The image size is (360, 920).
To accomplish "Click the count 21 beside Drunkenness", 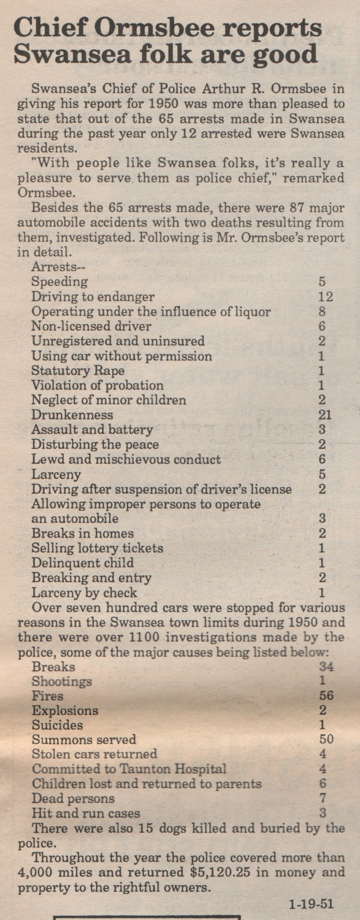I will click(x=325, y=415).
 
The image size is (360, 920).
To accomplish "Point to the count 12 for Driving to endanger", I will click(x=325, y=297).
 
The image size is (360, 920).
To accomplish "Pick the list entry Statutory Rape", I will click(x=78, y=371).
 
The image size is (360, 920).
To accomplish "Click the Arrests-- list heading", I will click(x=59, y=267).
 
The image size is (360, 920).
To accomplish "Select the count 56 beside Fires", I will click(x=326, y=696).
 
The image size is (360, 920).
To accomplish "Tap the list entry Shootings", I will click(x=62, y=681).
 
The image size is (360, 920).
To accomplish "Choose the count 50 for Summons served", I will click(x=326, y=740).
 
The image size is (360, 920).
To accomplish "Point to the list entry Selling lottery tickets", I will click(x=97, y=548).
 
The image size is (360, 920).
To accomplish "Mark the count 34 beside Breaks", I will click(x=326, y=666).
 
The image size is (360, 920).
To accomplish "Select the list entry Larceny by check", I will click(x=84, y=593).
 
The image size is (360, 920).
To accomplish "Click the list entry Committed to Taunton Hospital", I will click(x=129, y=769).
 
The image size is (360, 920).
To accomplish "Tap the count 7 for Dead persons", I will click(x=322, y=799).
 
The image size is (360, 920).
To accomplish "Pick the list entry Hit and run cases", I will click(x=86, y=813).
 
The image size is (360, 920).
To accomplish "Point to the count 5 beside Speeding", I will click(x=322, y=282).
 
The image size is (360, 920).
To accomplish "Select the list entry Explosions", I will click(x=65, y=710).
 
